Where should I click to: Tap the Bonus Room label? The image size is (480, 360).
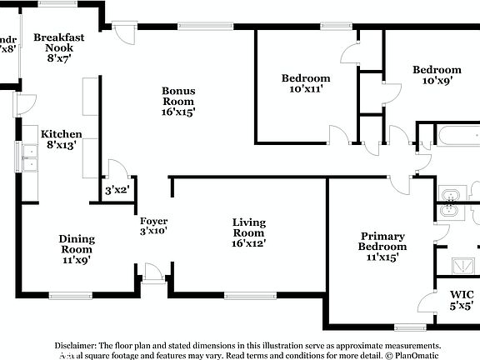tap(179, 100)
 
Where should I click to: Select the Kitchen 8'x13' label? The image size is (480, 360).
tap(62, 139)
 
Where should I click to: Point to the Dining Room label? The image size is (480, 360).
tap(77, 248)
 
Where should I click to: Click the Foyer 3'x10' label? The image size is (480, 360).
tap(154, 225)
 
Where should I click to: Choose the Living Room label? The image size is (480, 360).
tap(248, 232)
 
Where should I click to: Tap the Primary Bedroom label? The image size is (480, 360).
tap(382, 247)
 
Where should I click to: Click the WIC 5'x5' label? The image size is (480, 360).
tap(461, 300)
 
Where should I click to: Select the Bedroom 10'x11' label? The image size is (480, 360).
tap(305, 83)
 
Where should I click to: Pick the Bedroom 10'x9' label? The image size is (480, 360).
tap(437, 75)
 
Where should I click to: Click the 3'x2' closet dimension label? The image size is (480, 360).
tap(116, 191)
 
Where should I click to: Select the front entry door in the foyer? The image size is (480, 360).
tap(152, 274)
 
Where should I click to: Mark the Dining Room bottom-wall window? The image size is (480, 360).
tap(65, 295)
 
